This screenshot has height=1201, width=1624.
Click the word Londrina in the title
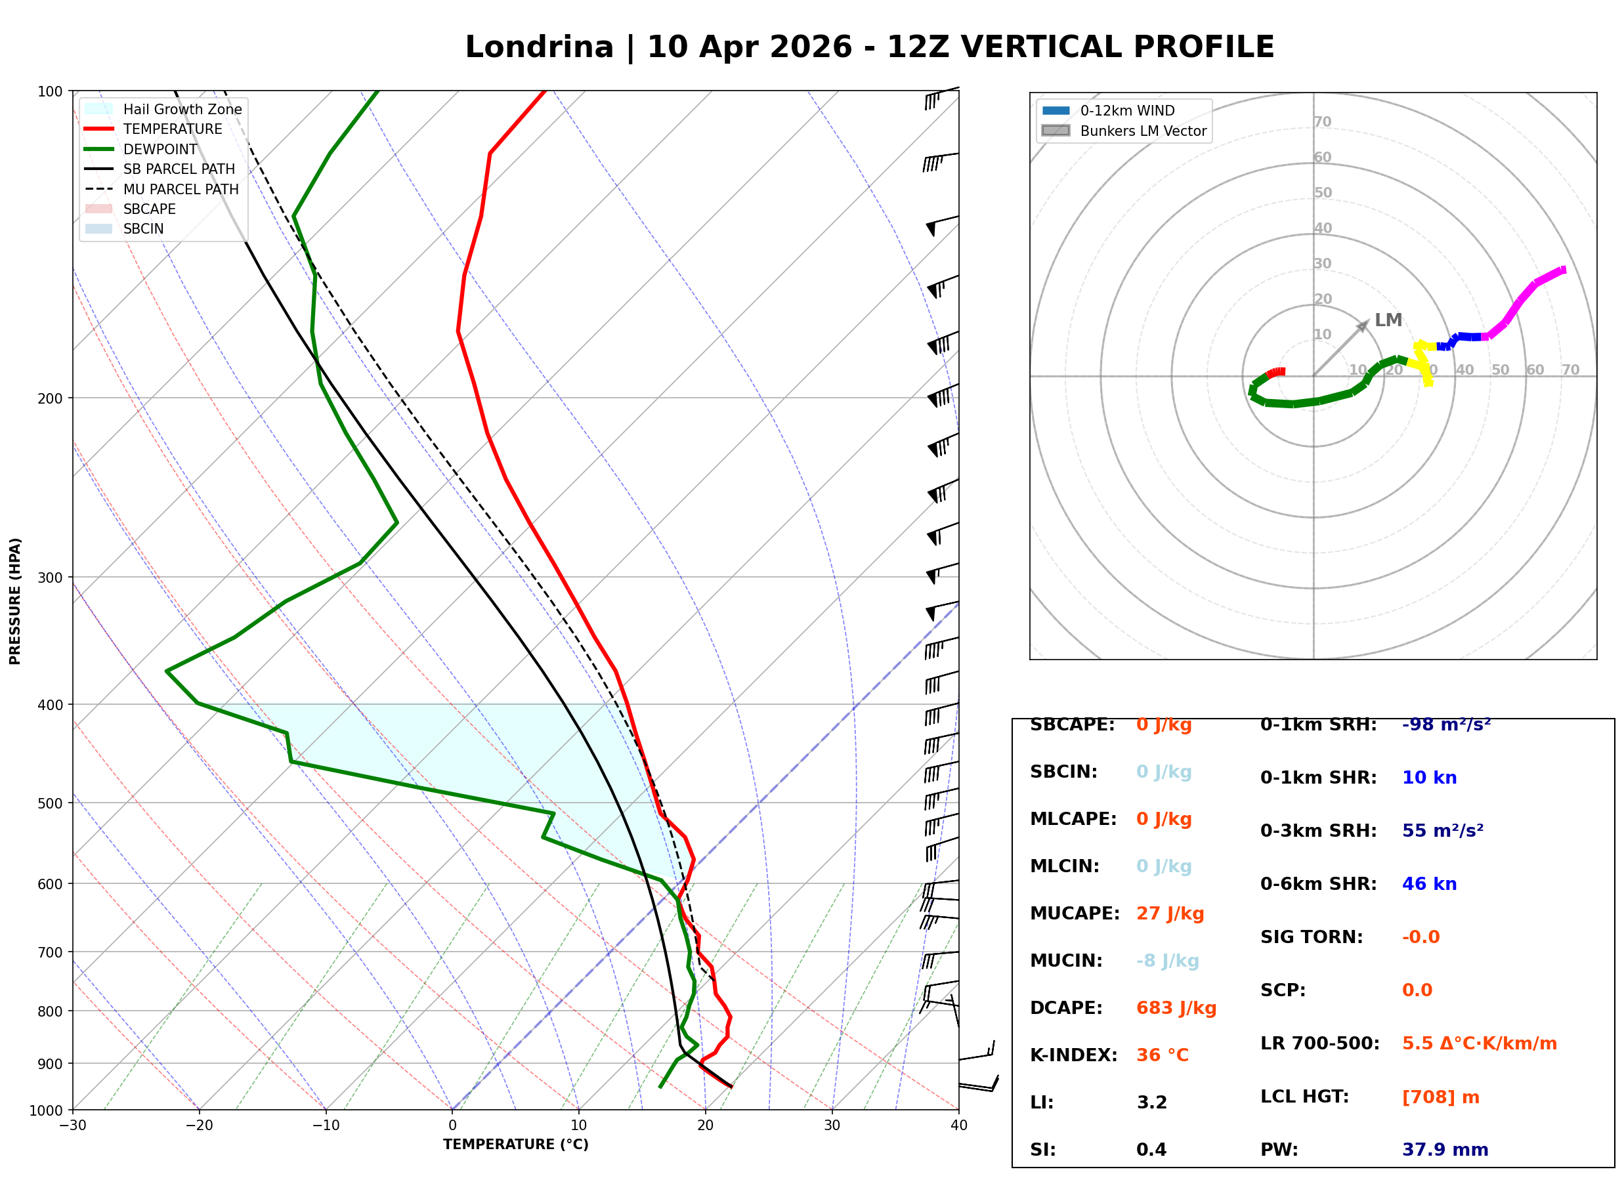[539, 47]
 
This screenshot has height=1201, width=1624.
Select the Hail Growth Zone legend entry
[182, 109]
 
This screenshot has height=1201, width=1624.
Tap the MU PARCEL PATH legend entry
[181, 189]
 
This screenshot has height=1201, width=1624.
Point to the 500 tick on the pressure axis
[50, 803]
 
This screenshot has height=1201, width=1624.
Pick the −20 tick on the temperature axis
[199, 1126]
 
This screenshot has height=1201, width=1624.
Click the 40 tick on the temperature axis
[958, 1126]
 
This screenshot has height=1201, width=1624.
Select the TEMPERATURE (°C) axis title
[515, 1145]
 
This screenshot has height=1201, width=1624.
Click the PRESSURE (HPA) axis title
[15, 600]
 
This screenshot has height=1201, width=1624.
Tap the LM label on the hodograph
[1388, 320]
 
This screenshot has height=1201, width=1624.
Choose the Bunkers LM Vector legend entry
[1143, 131]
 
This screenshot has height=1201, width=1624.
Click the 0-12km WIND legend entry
[1127, 110]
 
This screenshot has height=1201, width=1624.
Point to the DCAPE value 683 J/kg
[1176, 1007]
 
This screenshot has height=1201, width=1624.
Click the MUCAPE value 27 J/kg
[1170, 913]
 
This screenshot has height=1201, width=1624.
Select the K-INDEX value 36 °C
[1162, 1055]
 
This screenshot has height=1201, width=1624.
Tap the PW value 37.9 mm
[1444, 1149]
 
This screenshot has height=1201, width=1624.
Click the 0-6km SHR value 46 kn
[1428, 884]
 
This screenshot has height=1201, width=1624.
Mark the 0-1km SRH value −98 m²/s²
[1446, 725]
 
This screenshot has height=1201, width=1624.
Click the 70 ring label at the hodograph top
[1322, 121]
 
